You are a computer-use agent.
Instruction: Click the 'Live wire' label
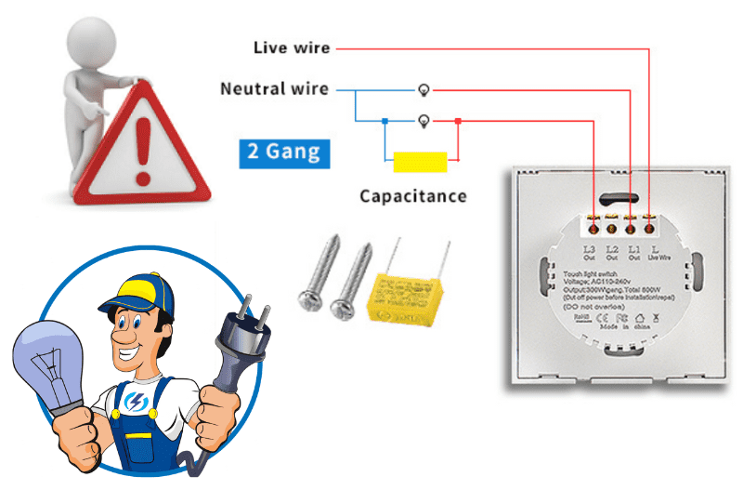pos(291,47)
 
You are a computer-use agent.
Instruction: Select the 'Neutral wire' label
pos(274,89)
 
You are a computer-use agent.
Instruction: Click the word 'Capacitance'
pos(413,196)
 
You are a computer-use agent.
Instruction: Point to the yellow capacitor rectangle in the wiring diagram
pos(419,162)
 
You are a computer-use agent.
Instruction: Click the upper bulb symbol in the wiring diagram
pos(424,90)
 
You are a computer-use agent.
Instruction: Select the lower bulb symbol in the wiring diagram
pos(424,121)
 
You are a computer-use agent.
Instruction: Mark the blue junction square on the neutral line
pos(385,121)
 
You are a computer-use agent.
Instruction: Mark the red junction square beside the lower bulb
pos(458,121)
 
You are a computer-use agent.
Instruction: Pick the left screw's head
pos(310,298)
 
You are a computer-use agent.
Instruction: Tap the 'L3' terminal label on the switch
pos(589,249)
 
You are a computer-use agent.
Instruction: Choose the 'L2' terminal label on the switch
pos(611,249)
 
